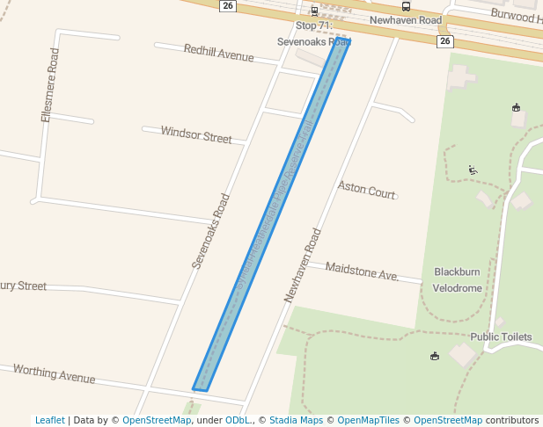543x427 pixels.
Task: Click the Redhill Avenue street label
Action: point(218,54)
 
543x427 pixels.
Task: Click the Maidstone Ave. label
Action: point(362,271)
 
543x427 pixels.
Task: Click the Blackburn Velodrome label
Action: point(458,279)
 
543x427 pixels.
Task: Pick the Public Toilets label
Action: point(501,337)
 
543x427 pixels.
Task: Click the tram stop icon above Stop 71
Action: point(314,11)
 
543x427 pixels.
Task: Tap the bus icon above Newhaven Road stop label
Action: point(406,6)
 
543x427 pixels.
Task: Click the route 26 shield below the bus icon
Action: point(444,41)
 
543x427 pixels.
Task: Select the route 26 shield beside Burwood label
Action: point(228,6)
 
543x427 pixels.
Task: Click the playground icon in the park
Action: point(473,170)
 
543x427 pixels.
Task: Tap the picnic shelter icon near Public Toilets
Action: point(434,356)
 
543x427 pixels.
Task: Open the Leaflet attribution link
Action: point(49,420)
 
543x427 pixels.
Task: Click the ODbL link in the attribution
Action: point(237,420)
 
